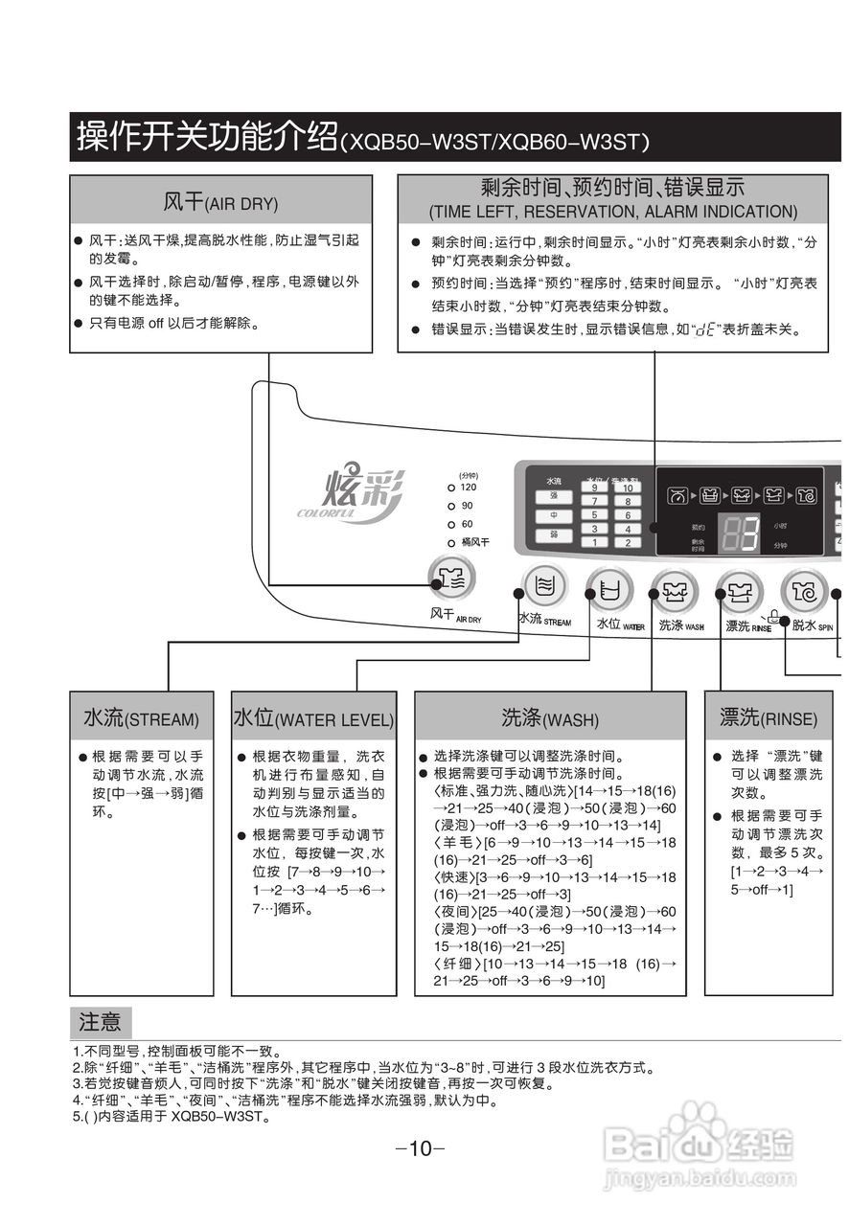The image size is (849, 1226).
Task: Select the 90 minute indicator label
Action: click(468, 506)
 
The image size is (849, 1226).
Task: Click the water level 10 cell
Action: click(628, 488)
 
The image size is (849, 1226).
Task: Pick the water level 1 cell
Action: click(595, 542)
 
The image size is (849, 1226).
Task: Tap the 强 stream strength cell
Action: click(554, 496)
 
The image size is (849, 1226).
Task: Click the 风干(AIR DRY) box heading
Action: click(220, 203)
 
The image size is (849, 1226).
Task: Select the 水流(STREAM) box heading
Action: click(141, 718)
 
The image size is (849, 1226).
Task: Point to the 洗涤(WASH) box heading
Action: click(549, 718)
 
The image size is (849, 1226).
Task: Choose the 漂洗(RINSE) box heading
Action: click(769, 717)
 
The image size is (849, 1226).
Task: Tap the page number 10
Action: click(421, 1149)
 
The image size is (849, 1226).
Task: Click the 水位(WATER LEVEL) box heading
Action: click(313, 718)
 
